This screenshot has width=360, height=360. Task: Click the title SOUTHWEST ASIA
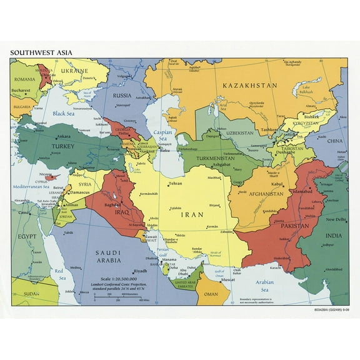pyautogui.click(x=38, y=53)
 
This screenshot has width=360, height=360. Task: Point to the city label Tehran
pyautogui.click(x=176, y=184)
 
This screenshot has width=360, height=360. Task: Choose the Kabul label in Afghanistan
pyautogui.click(x=277, y=184)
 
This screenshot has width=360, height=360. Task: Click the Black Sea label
pyautogui.click(x=63, y=113)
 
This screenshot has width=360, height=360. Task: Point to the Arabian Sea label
pyautogui.click(x=264, y=286)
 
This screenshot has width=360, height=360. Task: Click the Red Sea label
pyautogui.click(x=60, y=274)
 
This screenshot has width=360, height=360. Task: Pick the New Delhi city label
pyautogui.click(x=334, y=220)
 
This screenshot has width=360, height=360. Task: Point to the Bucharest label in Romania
pyautogui.click(x=22, y=91)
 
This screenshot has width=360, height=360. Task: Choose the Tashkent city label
pyautogui.click(x=270, y=129)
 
